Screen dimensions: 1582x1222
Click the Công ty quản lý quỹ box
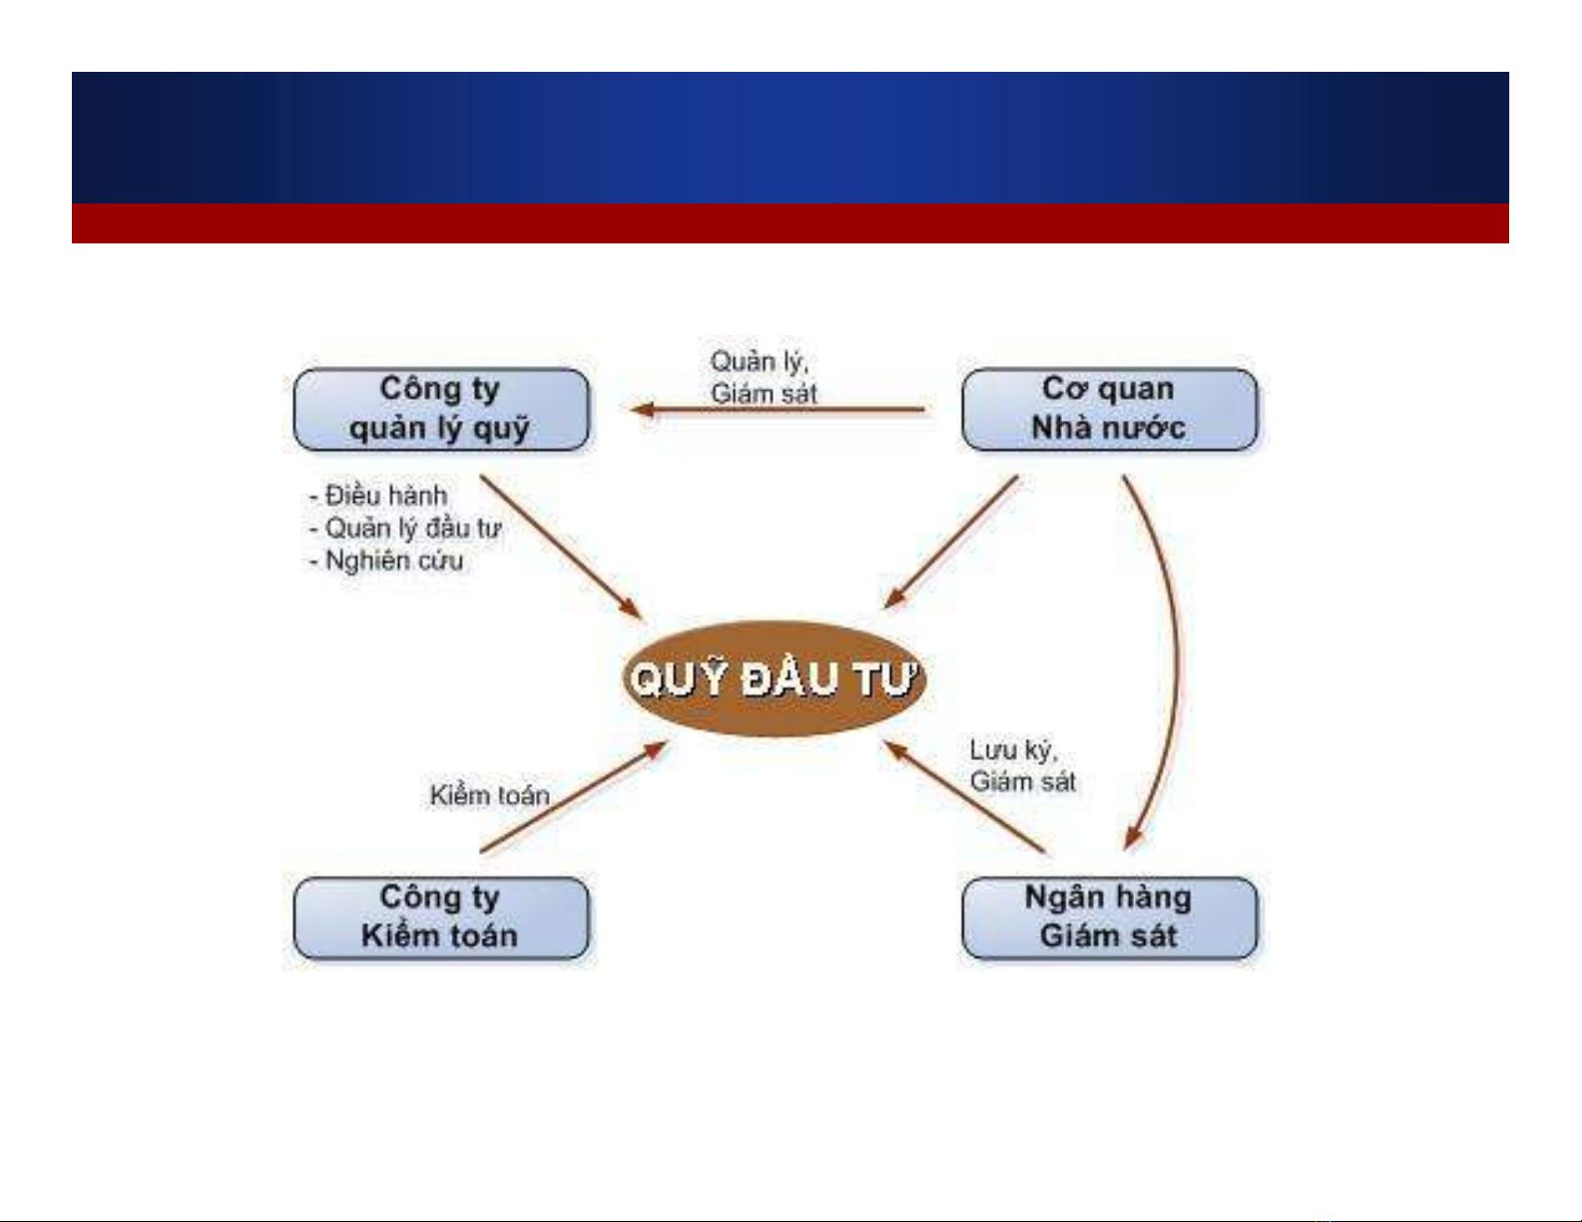(x=441, y=410)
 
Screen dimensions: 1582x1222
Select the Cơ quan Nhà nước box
(x=1110, y=410)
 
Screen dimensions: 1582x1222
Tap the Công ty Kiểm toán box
(x=441, y=918)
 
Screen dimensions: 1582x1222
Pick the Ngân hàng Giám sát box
(x=1110, y=918)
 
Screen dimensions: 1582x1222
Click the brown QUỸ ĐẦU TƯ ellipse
(x=774, y=678)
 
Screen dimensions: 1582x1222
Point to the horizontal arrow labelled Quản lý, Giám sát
(x=778, y=410)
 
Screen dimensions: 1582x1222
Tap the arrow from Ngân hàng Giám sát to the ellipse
(x=964, y=796)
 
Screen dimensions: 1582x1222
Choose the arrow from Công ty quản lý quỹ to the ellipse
(x=561, y=548)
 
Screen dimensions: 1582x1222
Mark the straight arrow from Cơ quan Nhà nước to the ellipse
(x=950, y=542)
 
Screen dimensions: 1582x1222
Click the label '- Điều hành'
(x=378, y=496)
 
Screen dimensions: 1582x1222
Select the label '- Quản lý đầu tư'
(x=405, y=528)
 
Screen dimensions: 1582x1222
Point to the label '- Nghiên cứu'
(x=386, y=561)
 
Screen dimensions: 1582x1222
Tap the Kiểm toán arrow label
(x=490, y=795)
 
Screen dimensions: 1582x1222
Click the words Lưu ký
(x=1013, y=751)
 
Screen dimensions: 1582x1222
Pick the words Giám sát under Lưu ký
(x=1023, y=782)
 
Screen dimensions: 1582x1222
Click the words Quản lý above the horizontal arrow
(x=760, y=362)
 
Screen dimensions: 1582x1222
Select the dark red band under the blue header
(x=790, y=223)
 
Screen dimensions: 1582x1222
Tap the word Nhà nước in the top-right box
(x=1109, y=428)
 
